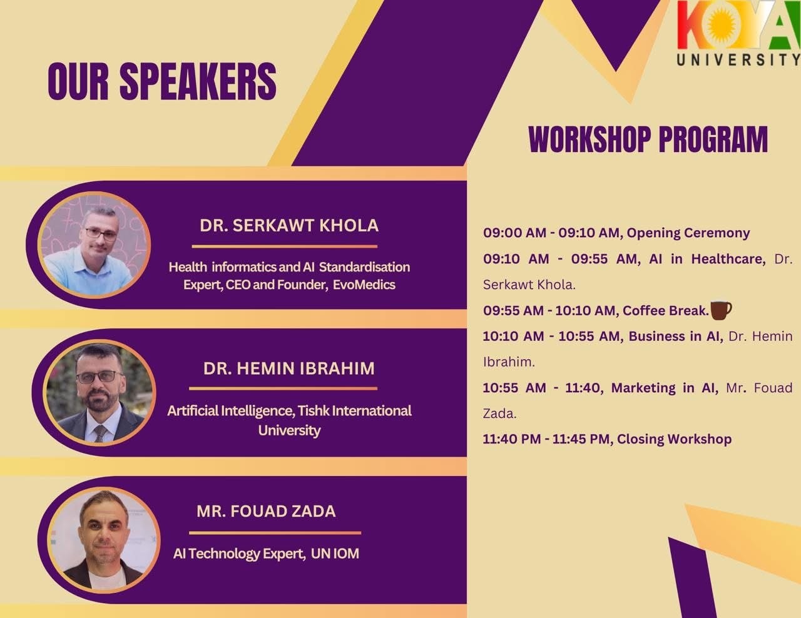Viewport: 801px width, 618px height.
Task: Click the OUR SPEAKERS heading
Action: pos(162,81)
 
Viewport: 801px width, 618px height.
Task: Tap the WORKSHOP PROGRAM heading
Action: pos(648,139)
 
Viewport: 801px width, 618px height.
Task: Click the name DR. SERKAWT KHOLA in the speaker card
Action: pos(289,225)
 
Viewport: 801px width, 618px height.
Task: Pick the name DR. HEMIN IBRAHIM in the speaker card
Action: pos(289,368)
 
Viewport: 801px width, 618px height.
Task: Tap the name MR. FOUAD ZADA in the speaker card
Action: pos(266,511)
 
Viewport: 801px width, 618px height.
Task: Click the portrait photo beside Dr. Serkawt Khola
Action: pos(94,245)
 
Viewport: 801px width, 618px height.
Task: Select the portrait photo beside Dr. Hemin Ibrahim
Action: pos(99,392)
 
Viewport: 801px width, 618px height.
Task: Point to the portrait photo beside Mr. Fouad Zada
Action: pos(104,540)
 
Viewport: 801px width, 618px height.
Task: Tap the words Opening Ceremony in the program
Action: pos(688,233)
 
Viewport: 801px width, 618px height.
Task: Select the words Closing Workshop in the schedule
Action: pos(674,439)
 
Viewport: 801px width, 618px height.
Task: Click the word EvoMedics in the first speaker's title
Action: pos(364,285)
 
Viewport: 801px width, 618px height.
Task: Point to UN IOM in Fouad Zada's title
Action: pos(335,554)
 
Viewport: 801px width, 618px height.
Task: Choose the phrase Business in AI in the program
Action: pos(676,337)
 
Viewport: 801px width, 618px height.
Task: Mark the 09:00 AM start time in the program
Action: pos(514,233)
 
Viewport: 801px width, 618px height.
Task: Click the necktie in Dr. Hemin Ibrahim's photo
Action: pos(100,433)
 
